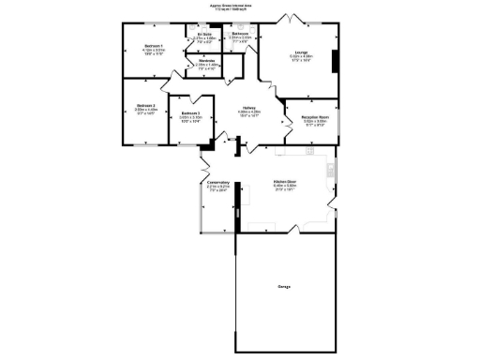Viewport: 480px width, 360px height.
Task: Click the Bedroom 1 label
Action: [x=153, y=46]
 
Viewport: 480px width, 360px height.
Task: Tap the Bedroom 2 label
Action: [x=144, y=105]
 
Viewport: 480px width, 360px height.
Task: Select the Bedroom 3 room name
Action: [x=191, y=113]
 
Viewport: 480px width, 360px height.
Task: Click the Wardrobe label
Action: [x=208, y=60]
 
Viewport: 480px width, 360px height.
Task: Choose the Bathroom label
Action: [x=240, y=34]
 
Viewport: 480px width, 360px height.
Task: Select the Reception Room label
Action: [x=315, y=116]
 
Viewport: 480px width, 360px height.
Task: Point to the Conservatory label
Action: [x=218, y=182]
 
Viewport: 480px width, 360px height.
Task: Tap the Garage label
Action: [x=283, y=285]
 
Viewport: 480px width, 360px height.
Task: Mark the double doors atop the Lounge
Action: [x=291, y=19]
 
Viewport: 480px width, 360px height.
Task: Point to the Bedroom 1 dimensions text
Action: [x=153, y=52]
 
